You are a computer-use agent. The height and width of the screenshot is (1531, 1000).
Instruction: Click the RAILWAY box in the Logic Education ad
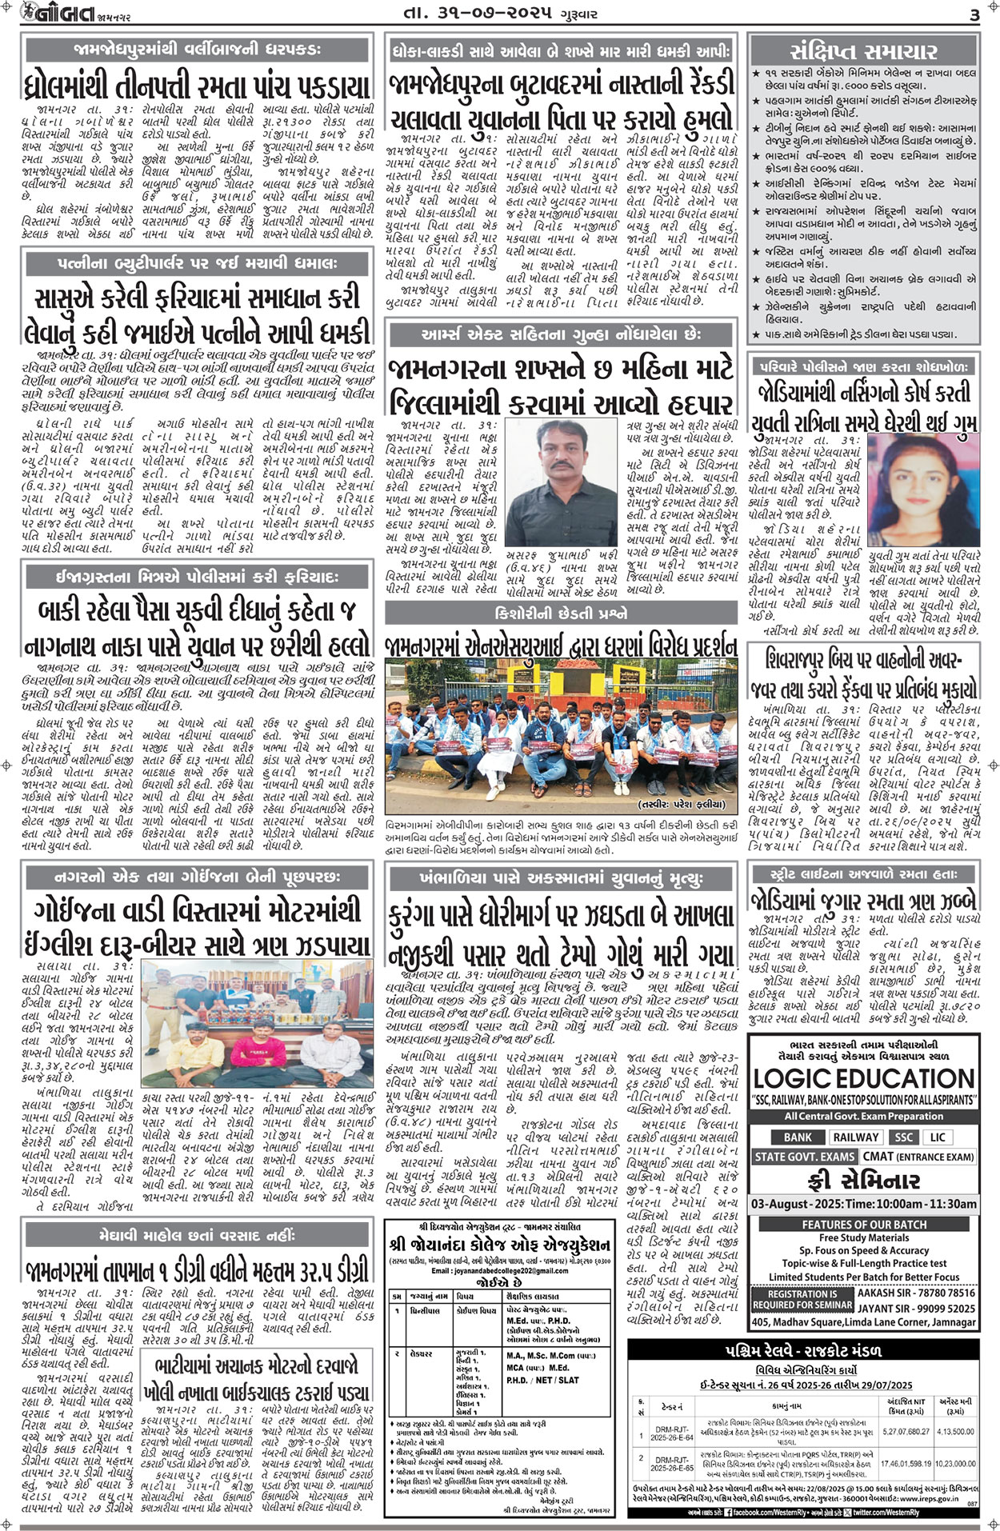point(855,1137)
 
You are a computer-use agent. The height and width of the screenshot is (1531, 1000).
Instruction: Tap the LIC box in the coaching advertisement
point(937,1137)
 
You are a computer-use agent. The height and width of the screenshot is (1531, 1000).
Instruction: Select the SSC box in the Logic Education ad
point(903,1137)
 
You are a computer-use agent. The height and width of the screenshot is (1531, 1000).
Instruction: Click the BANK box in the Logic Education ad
point(798,1137)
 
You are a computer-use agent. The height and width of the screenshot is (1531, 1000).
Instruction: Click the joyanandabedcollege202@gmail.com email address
point(497,1271)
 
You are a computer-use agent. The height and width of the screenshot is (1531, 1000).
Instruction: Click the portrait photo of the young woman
point(923,489)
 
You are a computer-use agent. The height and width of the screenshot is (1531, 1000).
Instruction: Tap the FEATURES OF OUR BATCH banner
point(864,1225)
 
